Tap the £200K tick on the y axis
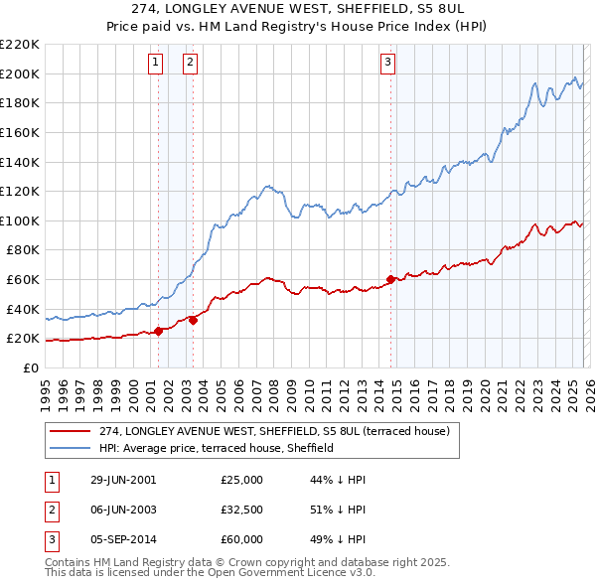[x=21, y=73]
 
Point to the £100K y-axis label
[x=21, y=220]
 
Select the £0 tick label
[x=32, y=367]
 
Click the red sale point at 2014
[x=390, y=279]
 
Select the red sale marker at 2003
[x=193, y=320]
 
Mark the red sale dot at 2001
[x=159, y=331]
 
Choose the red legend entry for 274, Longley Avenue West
[x=274, y=432]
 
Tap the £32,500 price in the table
[x=241, y=510]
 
